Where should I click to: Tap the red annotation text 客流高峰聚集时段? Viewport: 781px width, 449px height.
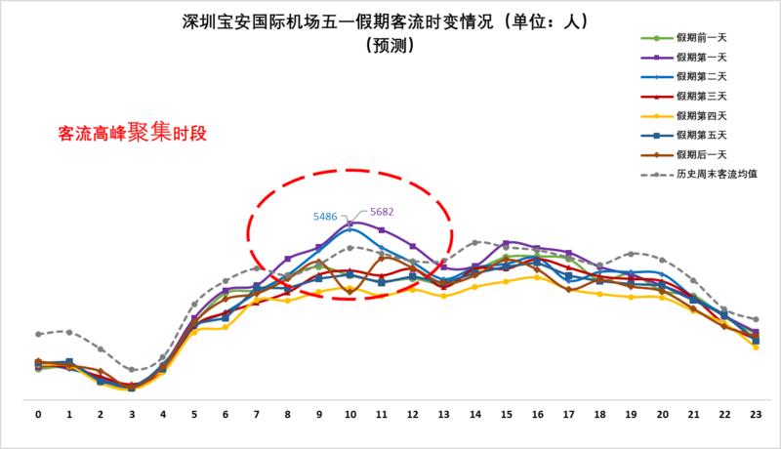tap(135, 130)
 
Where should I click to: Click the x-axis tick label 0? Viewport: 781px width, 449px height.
tap(38, 414)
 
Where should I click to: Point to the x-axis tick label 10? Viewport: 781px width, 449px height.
tap(350, 414)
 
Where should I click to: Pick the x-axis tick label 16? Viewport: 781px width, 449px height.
tap(538, 414)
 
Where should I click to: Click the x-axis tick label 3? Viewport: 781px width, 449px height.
tap(132, 414)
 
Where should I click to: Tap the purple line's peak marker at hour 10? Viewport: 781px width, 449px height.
tap(350, 224)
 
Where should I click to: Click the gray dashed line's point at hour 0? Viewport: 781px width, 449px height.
tap(38, 334)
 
